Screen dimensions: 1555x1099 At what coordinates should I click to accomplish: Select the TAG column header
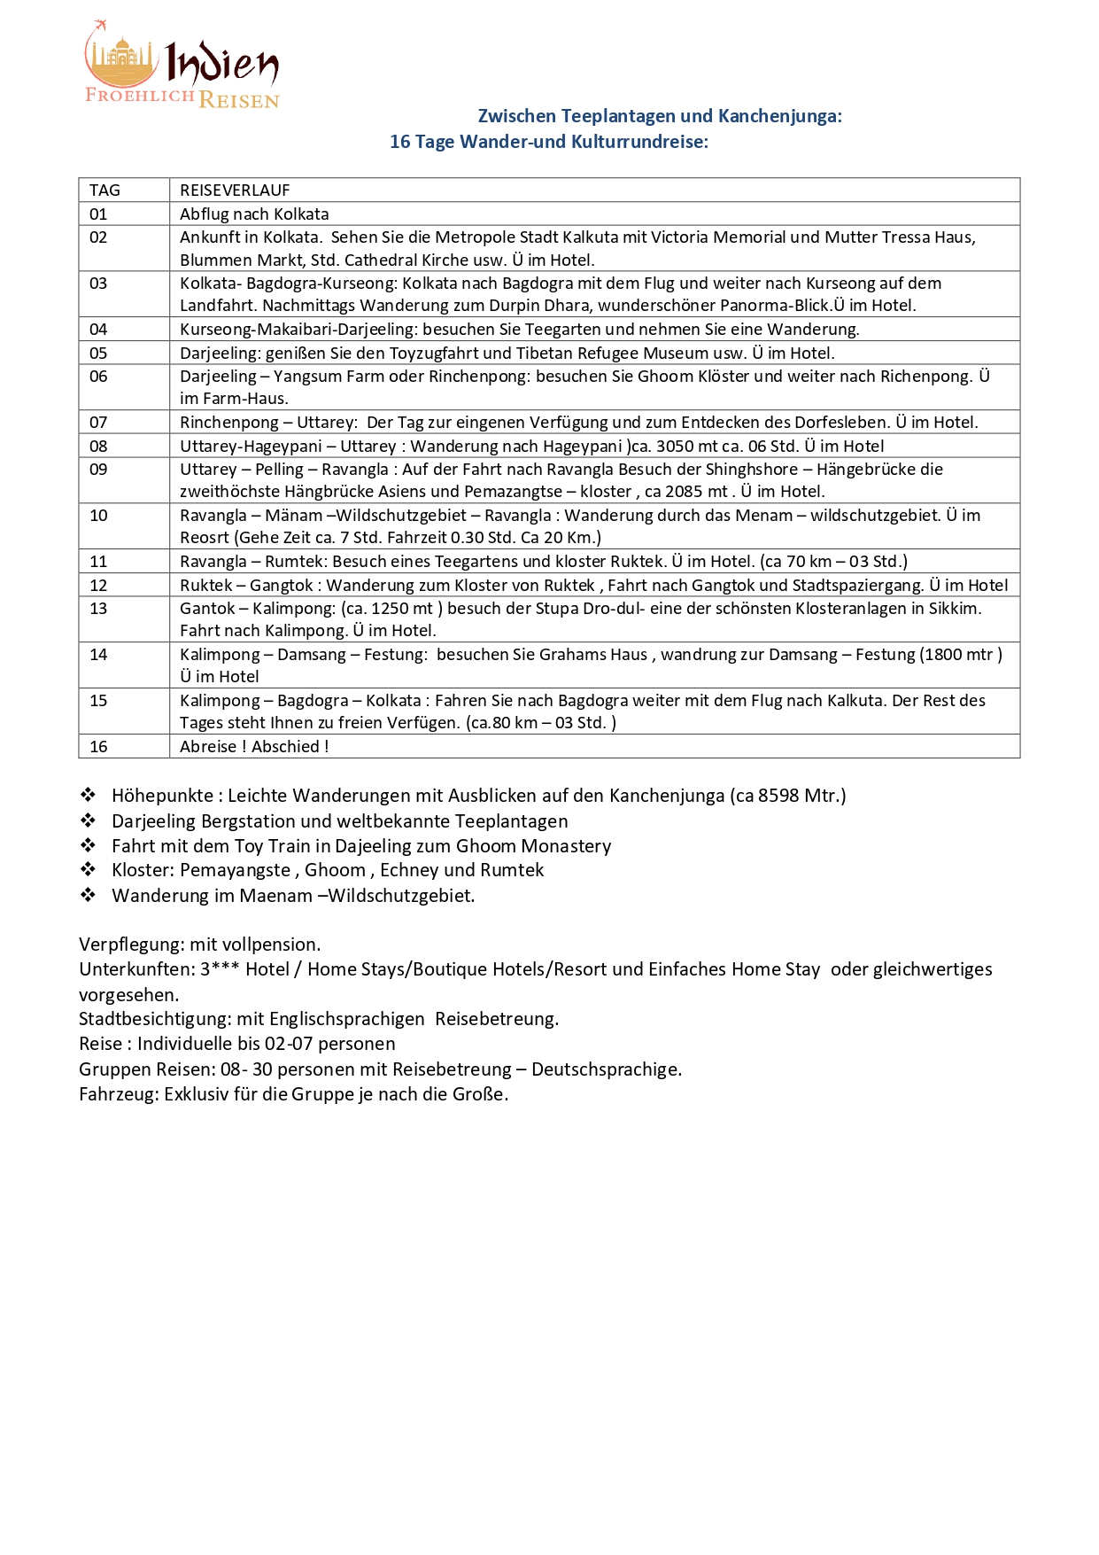click(x=104, y=190)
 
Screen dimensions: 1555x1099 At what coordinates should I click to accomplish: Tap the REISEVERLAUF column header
click(x=235, y=190)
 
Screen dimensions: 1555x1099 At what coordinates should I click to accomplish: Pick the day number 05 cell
click(x=98, y=354)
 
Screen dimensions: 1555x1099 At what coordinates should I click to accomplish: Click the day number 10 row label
click(x=98, y=516)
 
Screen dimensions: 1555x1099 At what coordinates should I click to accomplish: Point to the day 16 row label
click(x=98, y=747)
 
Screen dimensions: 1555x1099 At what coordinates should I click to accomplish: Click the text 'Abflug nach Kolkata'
click(x=254, y=214)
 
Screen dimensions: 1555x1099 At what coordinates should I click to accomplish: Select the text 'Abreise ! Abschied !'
click(x=254, y=747)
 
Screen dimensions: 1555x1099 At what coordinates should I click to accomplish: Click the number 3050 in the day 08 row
click(x=675, y=447)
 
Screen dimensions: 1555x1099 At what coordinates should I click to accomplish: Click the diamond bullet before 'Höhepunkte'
click(x=88, y=795)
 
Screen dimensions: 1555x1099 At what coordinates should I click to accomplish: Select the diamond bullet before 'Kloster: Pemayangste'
click(x=88, y=869)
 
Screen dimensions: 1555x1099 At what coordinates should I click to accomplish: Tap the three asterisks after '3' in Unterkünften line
click(x=225, y=968)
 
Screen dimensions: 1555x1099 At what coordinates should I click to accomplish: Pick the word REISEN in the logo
click(x=239, y=100)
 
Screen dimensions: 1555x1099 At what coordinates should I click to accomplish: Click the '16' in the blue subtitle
click(x=400, y=143)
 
